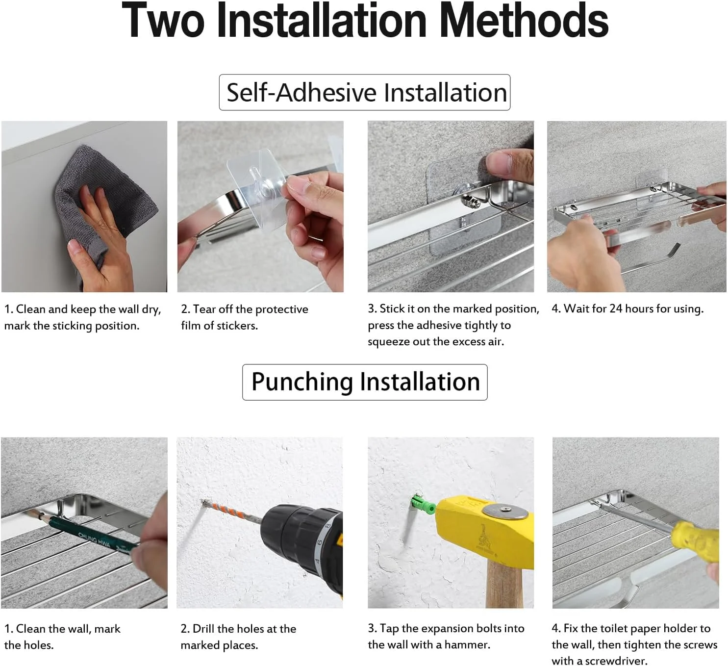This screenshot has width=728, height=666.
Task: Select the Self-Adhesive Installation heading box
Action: coord(364,92)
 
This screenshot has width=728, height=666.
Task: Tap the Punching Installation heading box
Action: coord(365,382)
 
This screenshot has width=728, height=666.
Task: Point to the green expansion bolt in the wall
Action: coord(423,505)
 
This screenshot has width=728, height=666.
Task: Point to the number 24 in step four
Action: coord(616,308)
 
